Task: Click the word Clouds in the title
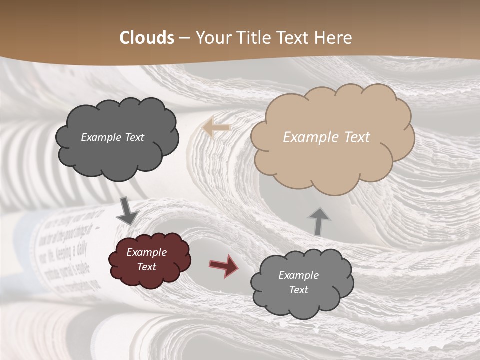point(147,38)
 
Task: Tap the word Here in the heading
point(335,38)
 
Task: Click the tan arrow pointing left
point(216,128)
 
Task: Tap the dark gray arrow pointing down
point(127,211)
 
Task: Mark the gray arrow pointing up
point(319,220)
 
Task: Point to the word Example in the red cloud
point(146,252)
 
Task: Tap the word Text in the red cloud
point(146,267)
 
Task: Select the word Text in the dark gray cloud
point(134,137)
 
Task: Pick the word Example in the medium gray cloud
point(298,275)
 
